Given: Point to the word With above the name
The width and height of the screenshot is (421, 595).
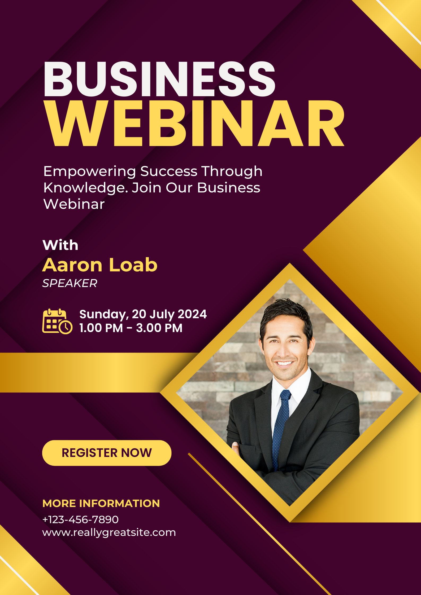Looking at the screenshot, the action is click(60, 245).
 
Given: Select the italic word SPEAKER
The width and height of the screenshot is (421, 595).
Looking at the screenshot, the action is click(70, 283).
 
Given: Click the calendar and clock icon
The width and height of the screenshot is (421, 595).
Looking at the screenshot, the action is click(57, 321).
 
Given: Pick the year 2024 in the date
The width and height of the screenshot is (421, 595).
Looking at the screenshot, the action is click(192, 314).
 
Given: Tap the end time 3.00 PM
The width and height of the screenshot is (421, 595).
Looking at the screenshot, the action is click(159, 328).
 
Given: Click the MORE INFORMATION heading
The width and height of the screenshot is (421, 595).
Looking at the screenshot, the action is click(101, 503).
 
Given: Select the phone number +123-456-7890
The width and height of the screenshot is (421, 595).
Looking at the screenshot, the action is click(80, 519).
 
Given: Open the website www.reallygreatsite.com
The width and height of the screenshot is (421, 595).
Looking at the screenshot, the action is click(109, 533).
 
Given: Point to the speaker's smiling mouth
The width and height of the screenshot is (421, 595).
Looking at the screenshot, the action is click(284, 363).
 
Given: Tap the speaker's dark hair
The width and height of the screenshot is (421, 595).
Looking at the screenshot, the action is click(287, 314).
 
